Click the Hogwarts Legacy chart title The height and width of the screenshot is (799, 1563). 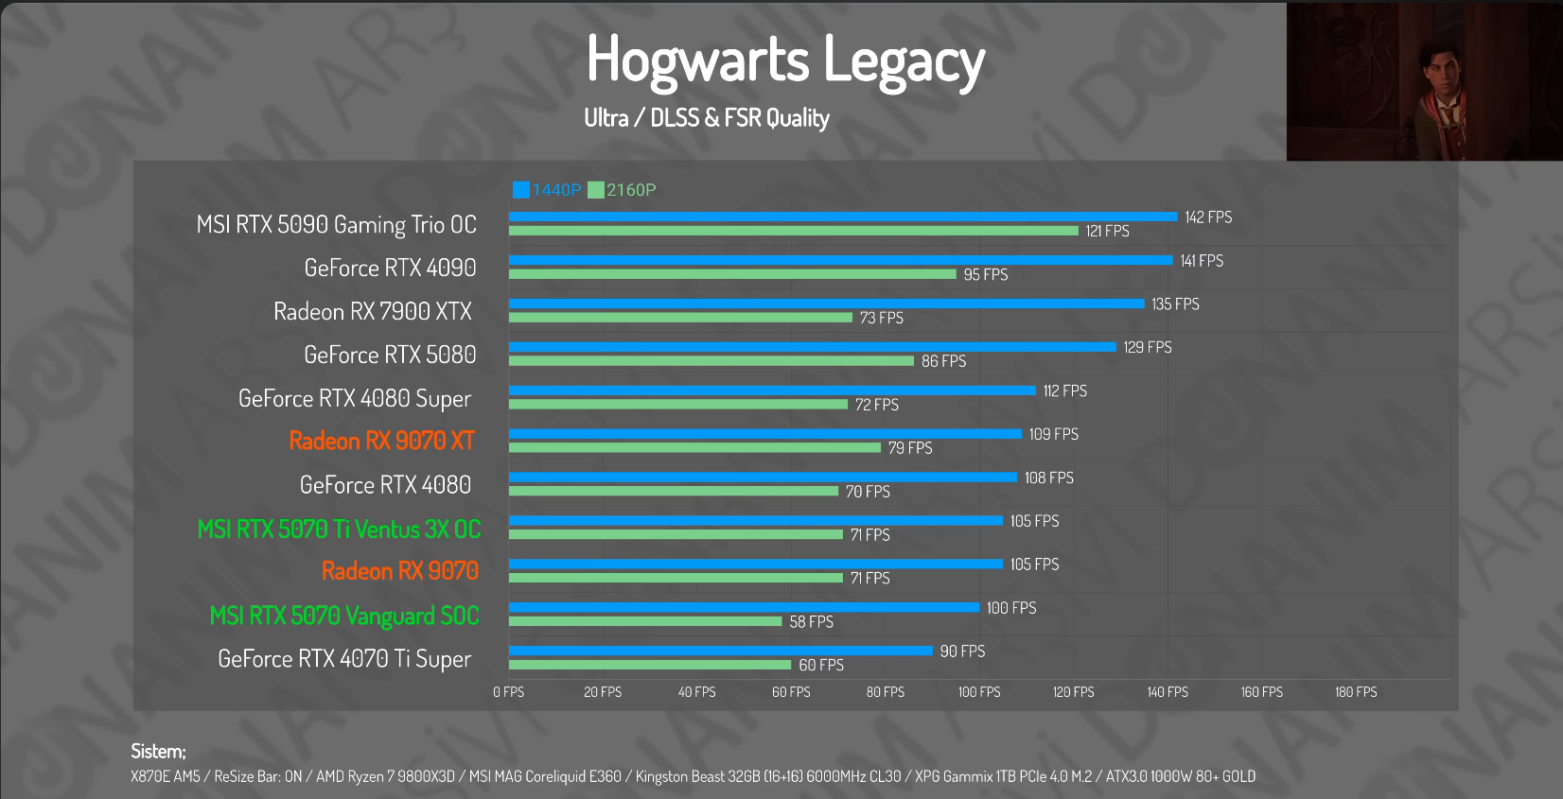tap(785, 61)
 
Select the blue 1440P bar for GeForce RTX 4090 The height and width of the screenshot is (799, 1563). tap(840, 260)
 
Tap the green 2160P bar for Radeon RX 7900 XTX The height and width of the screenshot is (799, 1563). tap(680, 318)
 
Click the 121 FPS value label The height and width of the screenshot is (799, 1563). tap(1107, 231)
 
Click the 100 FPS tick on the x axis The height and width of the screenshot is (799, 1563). tap(979, 692)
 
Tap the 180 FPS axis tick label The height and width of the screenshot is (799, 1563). tap(1356, 692)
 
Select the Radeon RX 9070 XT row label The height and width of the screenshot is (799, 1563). tap(382, 441)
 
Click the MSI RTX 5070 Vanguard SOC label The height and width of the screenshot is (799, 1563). tap(344, 616)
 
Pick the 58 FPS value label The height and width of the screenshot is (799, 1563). tap(812, 621)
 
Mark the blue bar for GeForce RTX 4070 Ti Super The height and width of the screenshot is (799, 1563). tap(720, 651)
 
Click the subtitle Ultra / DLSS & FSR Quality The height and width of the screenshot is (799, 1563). tap(707, 118)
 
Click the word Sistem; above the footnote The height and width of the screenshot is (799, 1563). tap(158, 752)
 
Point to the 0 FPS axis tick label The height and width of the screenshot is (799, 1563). tap(508, 692)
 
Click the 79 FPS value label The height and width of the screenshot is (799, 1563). tap(910, 448)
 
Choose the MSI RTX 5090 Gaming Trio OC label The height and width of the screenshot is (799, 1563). tap(337, 225)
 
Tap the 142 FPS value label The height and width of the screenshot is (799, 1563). tap(1208, 217)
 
